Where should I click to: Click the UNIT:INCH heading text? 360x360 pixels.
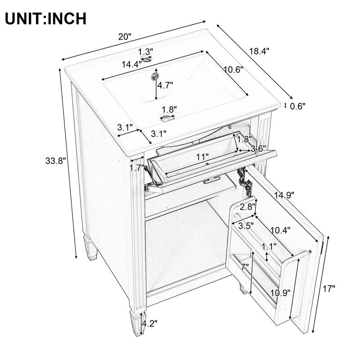click(x=45, y=18)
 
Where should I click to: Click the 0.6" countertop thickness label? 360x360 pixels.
click(x=297, y=106)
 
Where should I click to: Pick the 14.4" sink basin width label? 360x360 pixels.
click(x=131, y=64)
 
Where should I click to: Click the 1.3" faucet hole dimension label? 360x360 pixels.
click(x=145, y=51)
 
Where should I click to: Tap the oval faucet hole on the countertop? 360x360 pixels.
click(x=146, y=59)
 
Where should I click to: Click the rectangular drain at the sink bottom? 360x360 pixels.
click(x=168, y=118)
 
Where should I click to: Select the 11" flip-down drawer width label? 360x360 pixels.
click(x=202, y=157)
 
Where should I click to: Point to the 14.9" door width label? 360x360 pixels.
click(x=284, y=195)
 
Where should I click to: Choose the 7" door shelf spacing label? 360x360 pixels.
click(x=245, y=267)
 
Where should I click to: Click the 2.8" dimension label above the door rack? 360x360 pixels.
click(x=247, y=207)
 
